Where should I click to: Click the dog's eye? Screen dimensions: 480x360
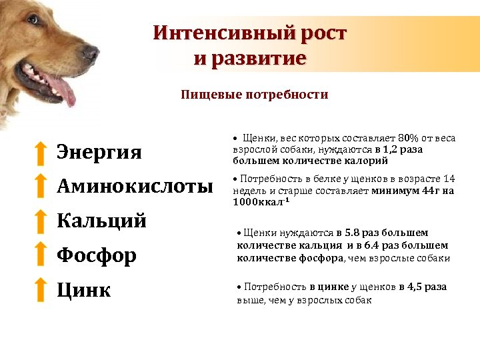33,20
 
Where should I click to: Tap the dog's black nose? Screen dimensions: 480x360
91,53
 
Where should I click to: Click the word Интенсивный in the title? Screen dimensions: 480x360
223,33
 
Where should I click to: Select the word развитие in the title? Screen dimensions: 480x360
259,58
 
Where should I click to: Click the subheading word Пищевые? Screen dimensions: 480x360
211,95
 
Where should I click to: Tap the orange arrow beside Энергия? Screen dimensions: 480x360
41,153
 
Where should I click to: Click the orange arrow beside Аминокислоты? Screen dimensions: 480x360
41,185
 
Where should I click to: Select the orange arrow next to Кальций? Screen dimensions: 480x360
41,221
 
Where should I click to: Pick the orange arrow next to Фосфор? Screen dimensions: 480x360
41,253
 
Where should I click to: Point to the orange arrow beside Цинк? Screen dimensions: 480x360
41,289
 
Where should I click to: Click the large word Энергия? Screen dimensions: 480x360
99,152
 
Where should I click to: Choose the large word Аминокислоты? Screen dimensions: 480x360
135,186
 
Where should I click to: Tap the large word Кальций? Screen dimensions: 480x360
101,220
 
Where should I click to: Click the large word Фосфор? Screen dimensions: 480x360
97,255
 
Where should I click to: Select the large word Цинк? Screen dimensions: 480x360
83,289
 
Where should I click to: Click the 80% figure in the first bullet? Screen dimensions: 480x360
408,138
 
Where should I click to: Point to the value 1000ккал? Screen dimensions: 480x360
258,202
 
